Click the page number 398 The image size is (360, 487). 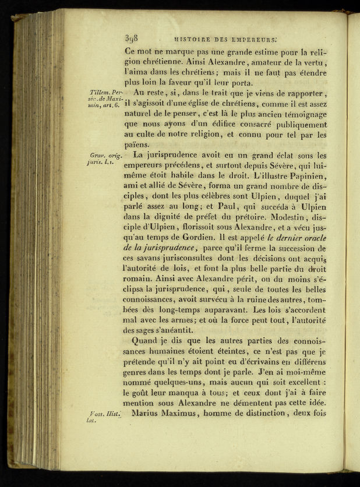tap(130, 39)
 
